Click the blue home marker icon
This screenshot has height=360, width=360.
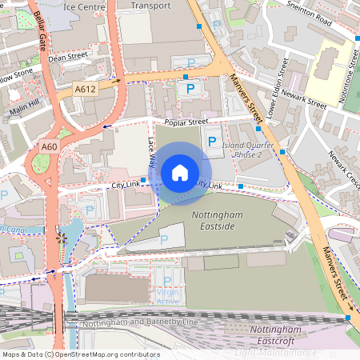click(180, 172)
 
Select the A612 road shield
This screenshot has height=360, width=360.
click(86, 90)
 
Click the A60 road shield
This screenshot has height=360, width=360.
click(50, 146)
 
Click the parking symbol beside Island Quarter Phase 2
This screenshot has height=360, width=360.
click(212, 142)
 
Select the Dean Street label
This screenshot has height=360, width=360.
click(66, 58)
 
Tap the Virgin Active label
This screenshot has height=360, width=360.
click(168, 297)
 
